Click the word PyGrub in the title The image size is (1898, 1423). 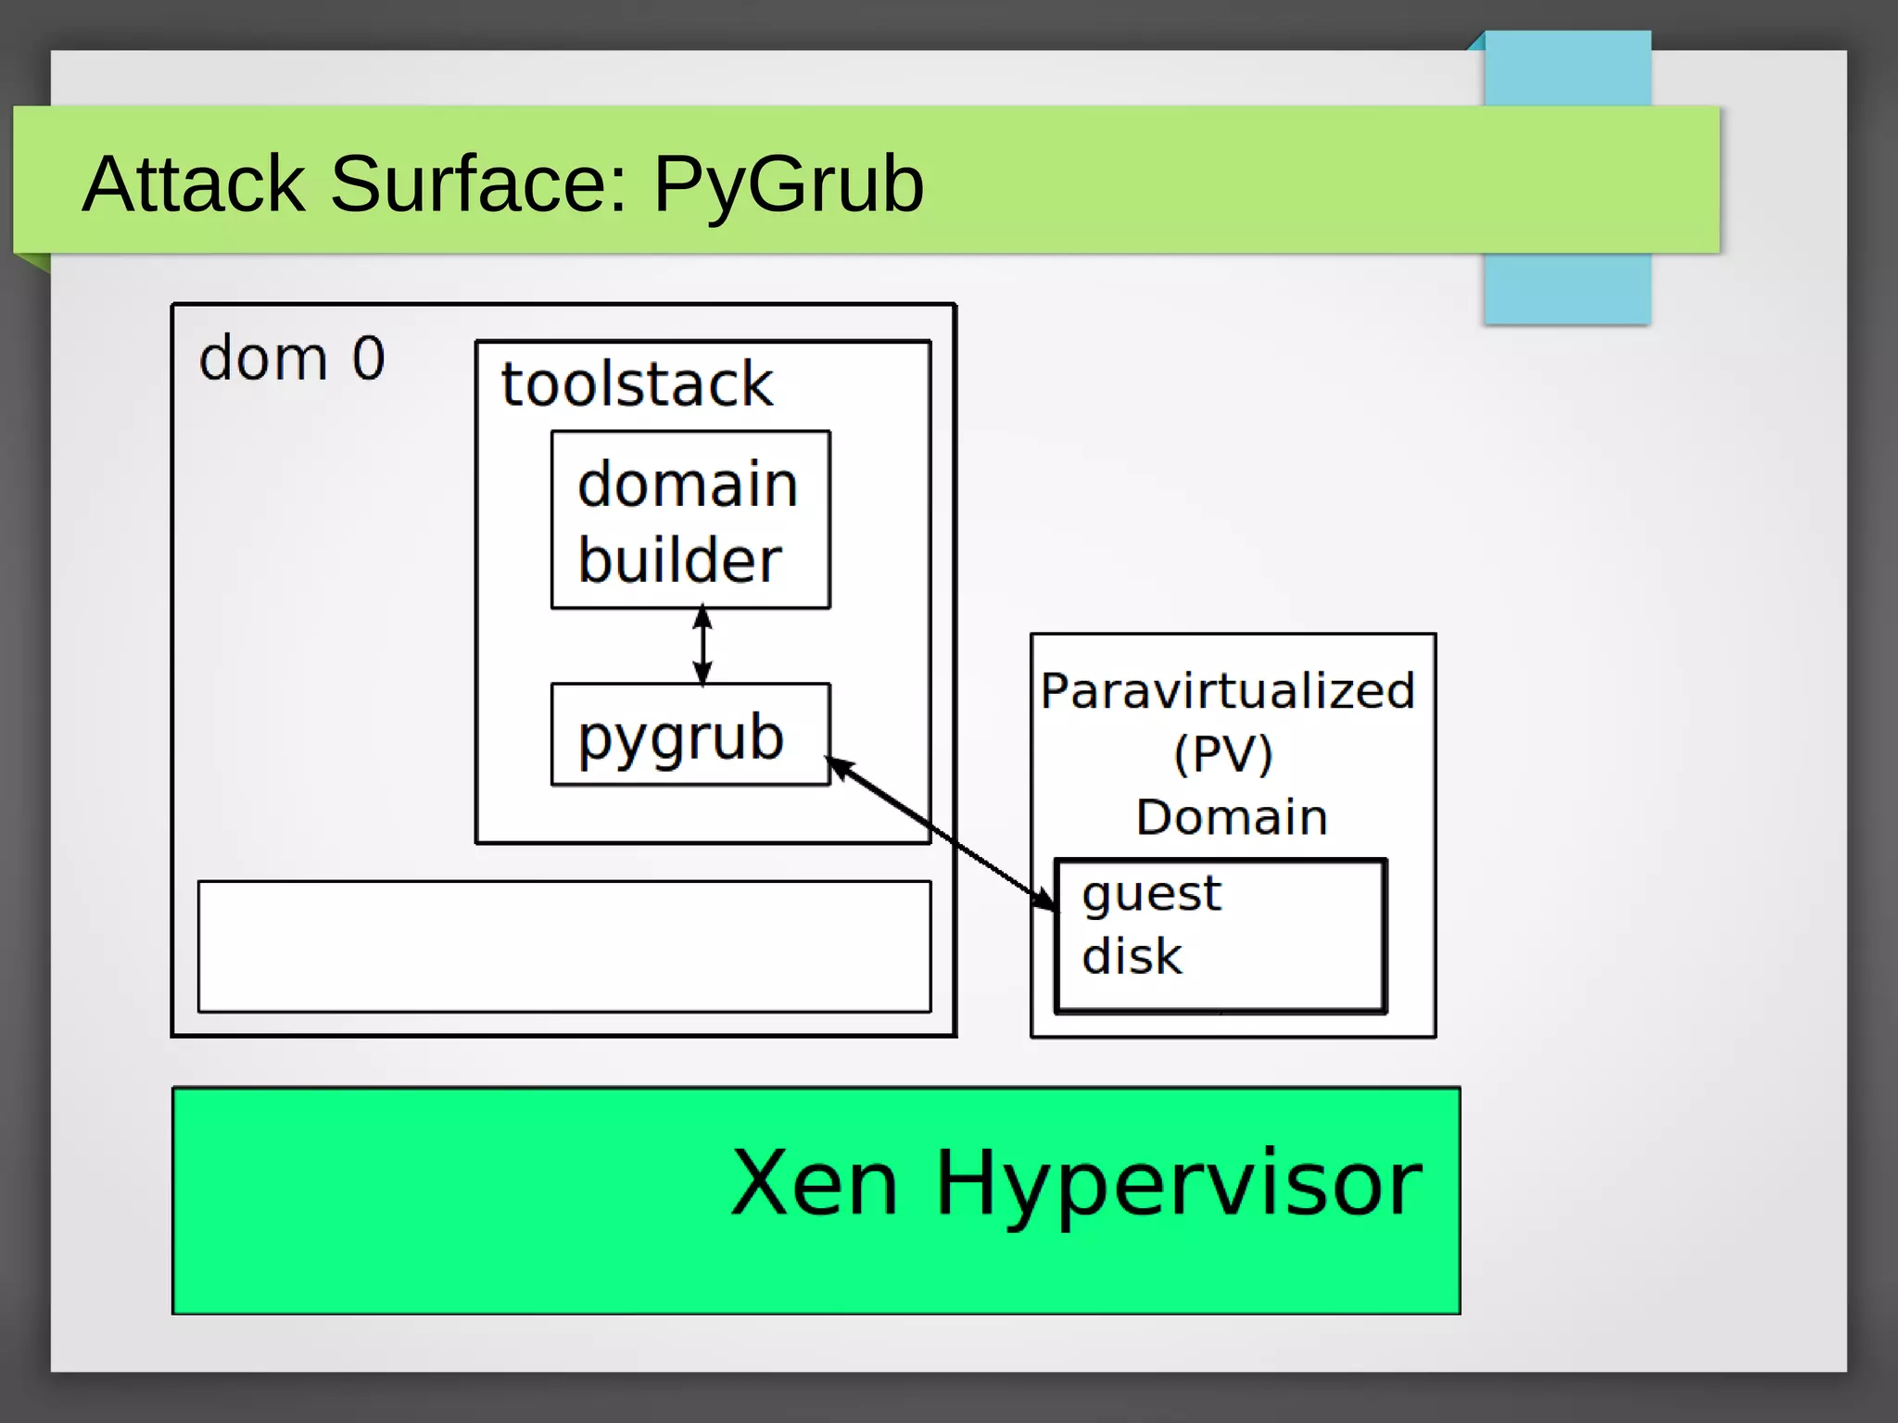pos(788,183)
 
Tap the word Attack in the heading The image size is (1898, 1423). pos(193,183)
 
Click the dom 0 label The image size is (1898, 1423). pos(291,359)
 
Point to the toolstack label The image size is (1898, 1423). pos(637,384)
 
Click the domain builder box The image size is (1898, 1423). pos(690,520)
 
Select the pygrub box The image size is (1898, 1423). pos(690,735)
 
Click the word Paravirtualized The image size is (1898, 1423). pos(1228,691)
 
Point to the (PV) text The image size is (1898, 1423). pos(1223,753)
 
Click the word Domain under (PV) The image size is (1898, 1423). pos(1232,817)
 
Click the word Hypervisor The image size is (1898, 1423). pos(1178,1184)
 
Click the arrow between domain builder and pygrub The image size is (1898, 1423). pos(702,646)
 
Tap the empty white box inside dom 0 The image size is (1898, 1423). pos(563,946)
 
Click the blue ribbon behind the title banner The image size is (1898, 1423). pos(1566,287)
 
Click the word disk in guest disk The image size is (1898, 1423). pos(1132,956)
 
